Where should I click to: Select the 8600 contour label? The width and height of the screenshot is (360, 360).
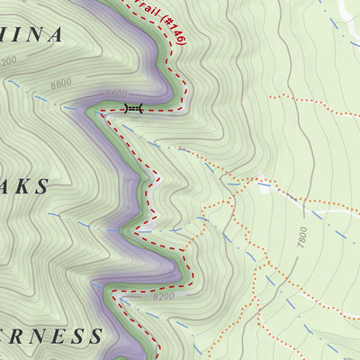tap(116, 94)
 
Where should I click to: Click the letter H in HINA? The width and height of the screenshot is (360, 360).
tap(4, 35)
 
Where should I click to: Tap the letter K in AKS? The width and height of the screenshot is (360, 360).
tap(22, 186)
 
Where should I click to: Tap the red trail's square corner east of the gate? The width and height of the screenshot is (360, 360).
tap(184, 108)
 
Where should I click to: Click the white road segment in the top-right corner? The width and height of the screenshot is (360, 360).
tap(346, 11)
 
